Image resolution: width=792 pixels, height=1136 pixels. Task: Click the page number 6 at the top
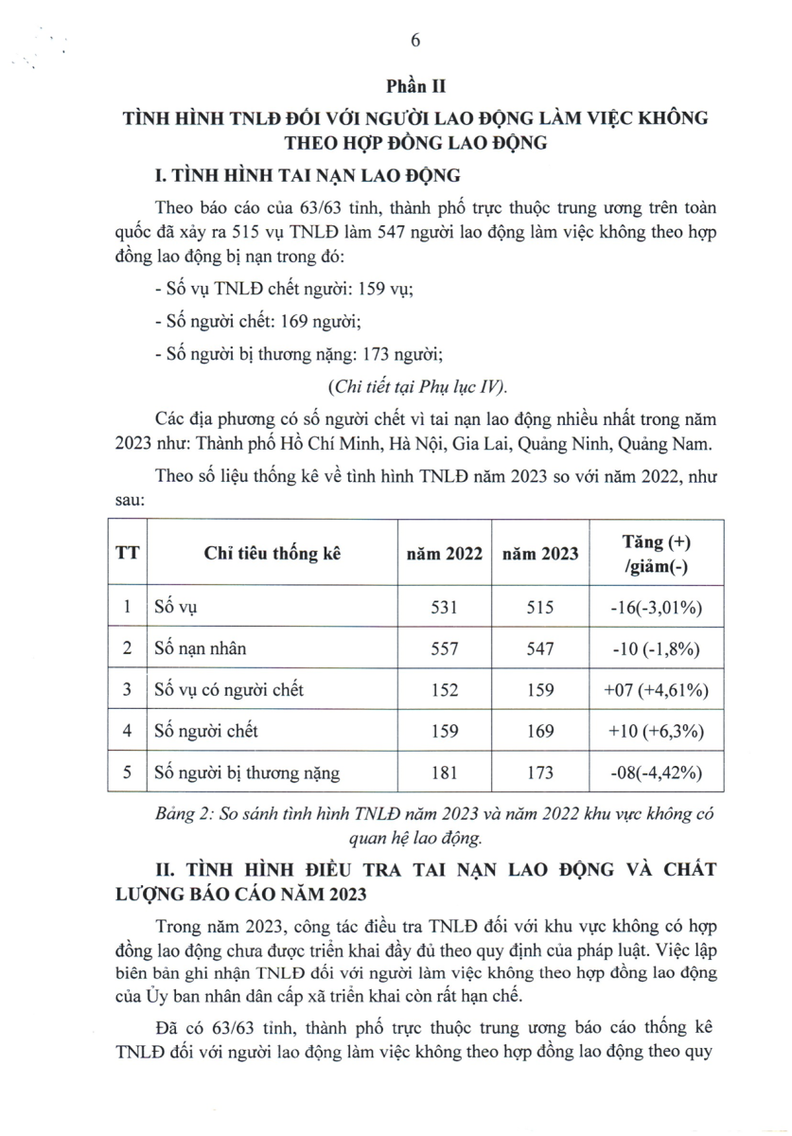click(x=414, y=39)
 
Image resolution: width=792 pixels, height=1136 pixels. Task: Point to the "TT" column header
click(x=127, y=555)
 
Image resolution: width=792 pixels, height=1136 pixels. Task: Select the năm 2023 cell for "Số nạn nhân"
click(x=540, y=649)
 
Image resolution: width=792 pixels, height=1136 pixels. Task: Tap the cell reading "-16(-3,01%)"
click(x=657, y=609)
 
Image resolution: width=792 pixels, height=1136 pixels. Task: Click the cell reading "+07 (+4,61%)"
click(x=657, y=691)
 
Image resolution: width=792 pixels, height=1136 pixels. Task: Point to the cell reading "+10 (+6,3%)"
click(x=657, y=732)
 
